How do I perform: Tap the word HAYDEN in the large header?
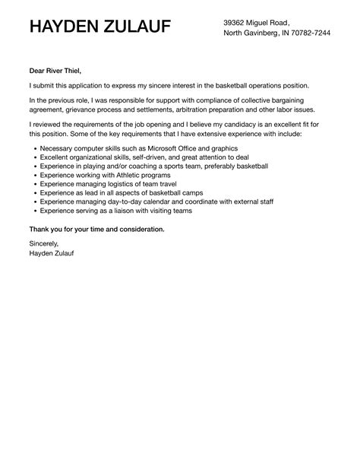coord(68,29)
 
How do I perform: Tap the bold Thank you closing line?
coord(96,229)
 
